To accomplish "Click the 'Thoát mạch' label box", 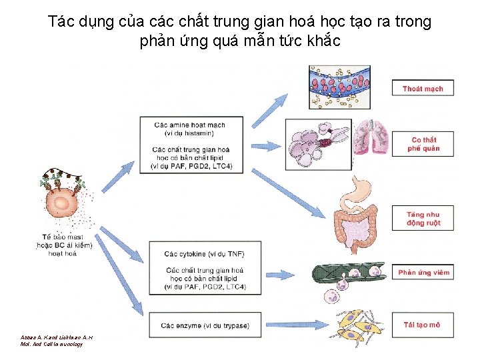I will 423,89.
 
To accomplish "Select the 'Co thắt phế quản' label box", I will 423,145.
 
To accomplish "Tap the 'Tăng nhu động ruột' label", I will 423,219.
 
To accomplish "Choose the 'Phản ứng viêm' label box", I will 423,272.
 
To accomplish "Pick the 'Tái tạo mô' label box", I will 422,325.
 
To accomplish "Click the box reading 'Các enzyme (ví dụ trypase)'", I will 205,325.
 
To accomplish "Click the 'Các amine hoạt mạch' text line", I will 189,125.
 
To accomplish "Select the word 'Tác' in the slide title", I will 60,21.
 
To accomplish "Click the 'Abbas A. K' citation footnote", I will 56,337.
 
